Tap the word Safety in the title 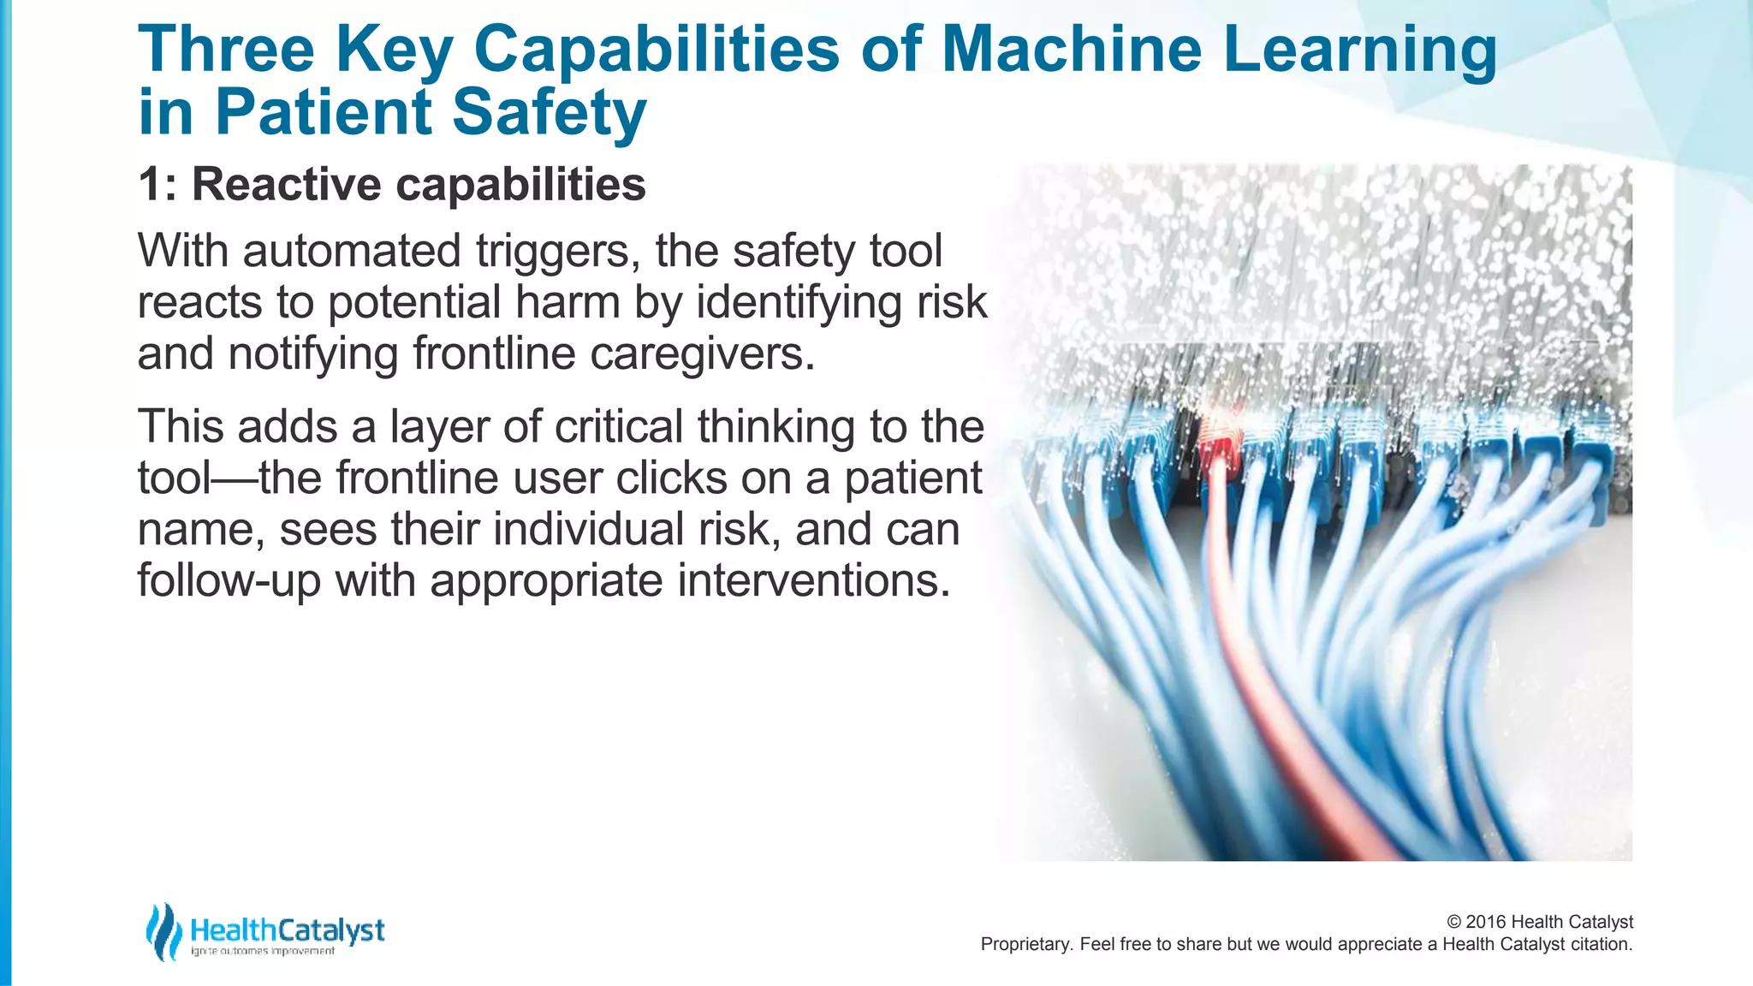[x=549, y=112]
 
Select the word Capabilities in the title [x=657, y=49]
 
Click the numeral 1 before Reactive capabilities [x=151, y=185]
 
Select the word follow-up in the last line [x=229, y=581]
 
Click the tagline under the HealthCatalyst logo [x=262, y=952]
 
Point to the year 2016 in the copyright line [x=1486, y=922]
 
